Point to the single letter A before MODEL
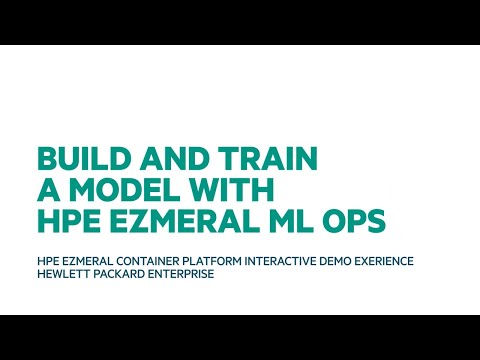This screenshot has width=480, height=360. click(47, 189)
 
